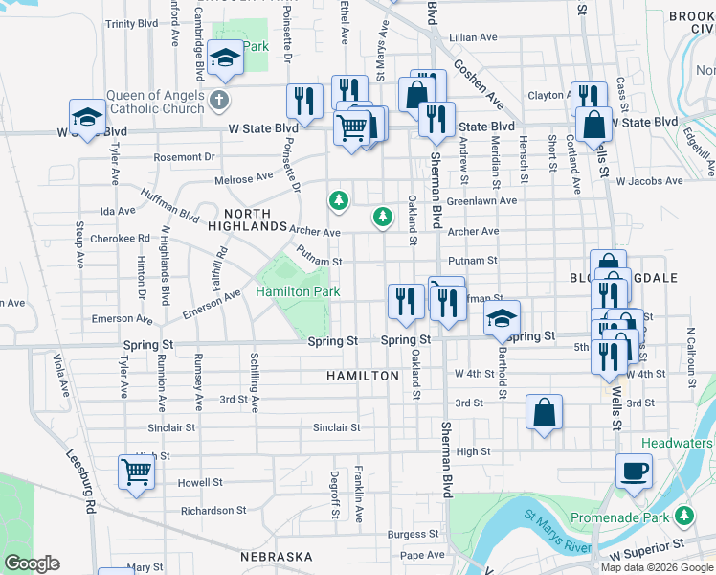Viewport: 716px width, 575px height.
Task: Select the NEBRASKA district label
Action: tap(277, 557)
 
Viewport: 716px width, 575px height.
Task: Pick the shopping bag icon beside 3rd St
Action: tap(544, 414)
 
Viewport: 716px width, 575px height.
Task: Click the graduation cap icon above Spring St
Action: tap(501, 320)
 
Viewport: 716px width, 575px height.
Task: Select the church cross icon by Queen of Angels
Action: tap(219, 100)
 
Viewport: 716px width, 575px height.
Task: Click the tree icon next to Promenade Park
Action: tap(683, 517)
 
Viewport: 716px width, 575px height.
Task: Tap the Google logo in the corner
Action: tap(32, 563)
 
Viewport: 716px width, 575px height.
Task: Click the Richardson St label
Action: tap(213, 511)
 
